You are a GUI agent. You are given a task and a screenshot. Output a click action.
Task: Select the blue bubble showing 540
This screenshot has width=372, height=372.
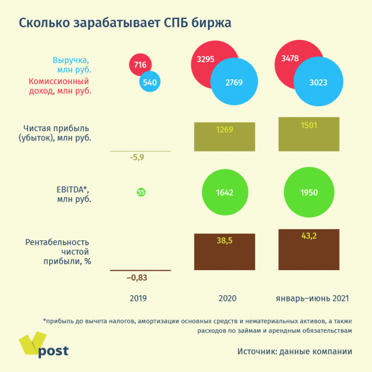pos(150,82)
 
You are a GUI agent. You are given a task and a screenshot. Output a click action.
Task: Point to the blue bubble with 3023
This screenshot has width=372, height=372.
pos(318,82)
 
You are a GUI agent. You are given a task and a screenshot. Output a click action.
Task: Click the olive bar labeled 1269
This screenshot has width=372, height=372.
pos(225,137)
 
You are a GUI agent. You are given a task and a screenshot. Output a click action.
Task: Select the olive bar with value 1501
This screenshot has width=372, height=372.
pos(309,134)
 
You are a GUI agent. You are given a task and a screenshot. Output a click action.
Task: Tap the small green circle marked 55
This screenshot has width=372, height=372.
pos(141,192)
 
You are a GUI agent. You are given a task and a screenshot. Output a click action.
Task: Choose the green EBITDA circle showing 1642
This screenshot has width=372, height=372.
pos(225,192)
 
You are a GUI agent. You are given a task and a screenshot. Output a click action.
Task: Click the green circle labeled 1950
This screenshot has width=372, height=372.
pos(309,192)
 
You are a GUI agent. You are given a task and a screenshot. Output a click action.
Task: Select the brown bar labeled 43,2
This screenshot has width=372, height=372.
pos(309,250)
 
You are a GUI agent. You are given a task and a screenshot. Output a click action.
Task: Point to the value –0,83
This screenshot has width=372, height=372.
pos(137,278)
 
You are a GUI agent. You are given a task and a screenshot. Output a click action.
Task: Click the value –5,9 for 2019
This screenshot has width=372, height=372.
pos(137,158)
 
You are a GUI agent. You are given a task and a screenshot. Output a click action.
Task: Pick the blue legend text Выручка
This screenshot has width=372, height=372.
pos(71,61)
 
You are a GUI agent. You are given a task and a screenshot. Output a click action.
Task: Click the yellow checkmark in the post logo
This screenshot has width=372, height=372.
pos(32,343)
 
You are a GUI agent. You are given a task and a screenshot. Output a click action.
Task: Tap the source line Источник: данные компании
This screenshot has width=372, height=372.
pos(295,351)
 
